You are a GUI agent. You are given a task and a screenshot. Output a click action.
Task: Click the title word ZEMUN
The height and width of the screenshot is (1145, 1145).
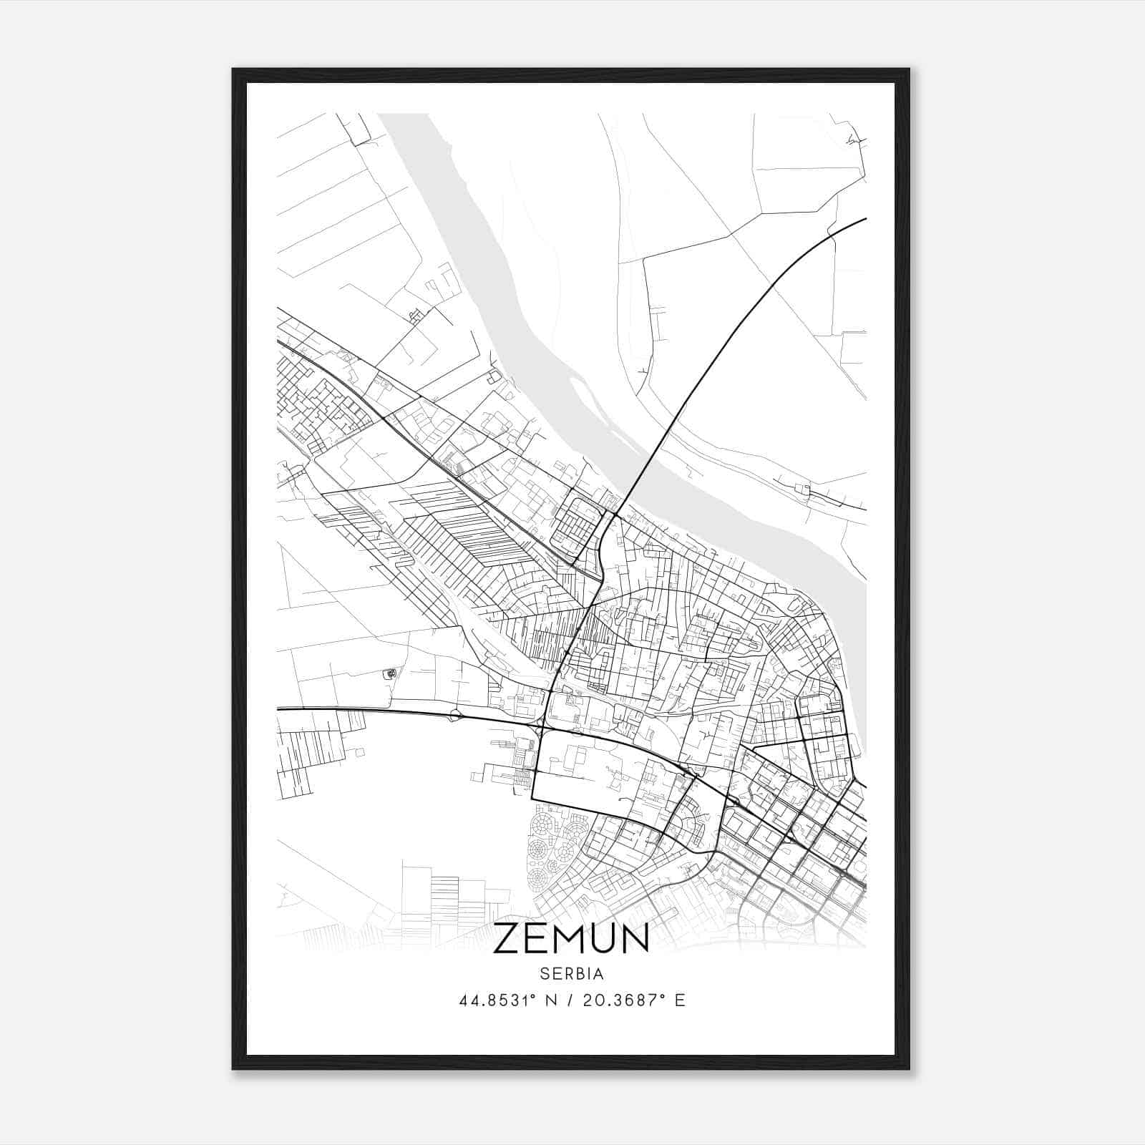tap(571, 938)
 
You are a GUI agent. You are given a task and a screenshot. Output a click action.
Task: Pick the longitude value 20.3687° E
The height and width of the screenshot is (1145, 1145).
tap(634, 1000)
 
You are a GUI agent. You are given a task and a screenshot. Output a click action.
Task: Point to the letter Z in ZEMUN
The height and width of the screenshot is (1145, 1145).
tap(505, 938)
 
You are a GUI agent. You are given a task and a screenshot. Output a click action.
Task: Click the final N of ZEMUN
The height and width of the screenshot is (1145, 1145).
tap(636, 938)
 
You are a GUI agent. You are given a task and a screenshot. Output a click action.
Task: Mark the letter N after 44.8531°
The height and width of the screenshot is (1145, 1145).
tap(551, 1000)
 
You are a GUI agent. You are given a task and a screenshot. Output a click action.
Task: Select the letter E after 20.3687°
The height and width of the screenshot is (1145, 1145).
tap(681, 1000)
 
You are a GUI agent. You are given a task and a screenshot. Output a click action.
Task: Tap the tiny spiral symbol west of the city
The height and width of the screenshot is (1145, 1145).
tap(389, 673)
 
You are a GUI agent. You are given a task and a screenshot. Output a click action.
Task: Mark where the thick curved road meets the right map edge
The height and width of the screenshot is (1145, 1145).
tap(865, 218)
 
